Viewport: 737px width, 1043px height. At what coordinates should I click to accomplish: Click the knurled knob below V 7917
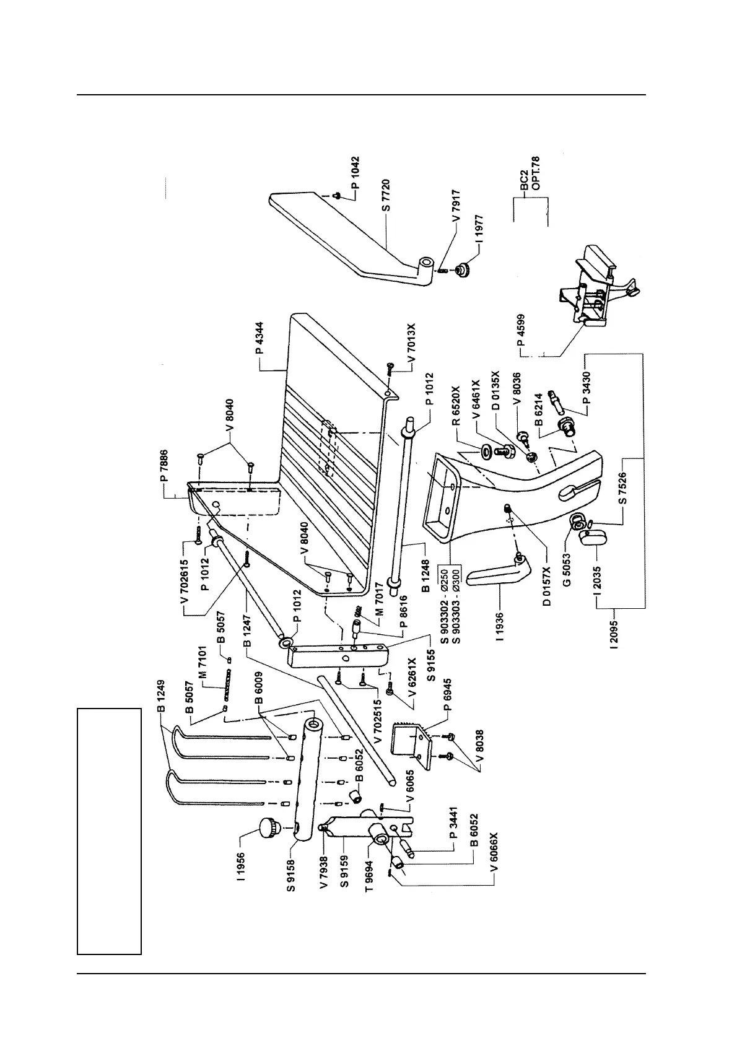[x=461, y=270]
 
